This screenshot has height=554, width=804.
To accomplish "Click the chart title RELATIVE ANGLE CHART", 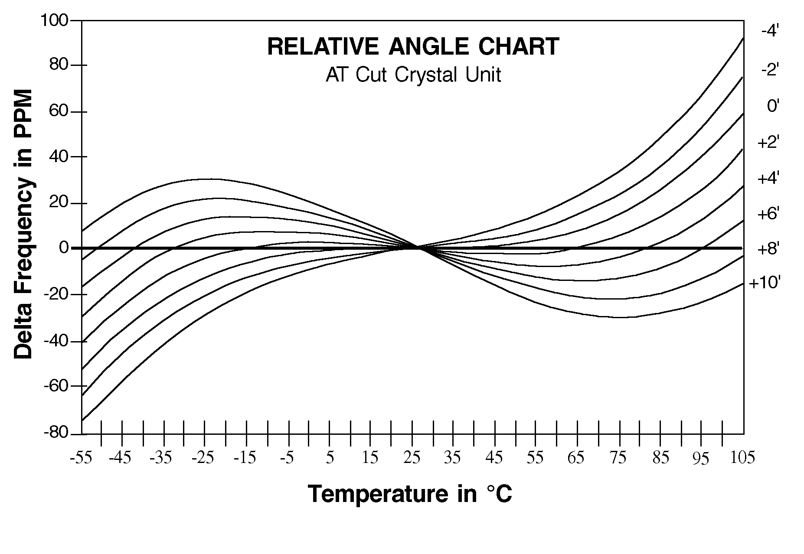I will click(x=413, y=47).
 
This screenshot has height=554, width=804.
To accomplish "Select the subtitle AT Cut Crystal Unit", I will click(x=413, y=75).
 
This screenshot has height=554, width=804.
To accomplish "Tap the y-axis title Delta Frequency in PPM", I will click(x=23, y=224).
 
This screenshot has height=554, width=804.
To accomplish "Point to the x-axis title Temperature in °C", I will click(x=410, y=494).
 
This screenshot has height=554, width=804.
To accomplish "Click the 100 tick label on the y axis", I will click(x=54, y=20).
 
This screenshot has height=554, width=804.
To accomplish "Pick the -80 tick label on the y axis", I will click(x=56, y=433).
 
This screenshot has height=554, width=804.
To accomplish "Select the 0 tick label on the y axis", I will click(x=64, y=248).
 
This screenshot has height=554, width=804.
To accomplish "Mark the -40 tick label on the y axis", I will click(x=56, y=341).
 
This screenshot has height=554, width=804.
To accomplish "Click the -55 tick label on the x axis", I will click(x=81, y=458).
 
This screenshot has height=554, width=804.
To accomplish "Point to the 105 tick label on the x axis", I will click(x=742, y=458).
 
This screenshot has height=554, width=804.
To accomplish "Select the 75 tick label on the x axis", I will click(x=618, y=458).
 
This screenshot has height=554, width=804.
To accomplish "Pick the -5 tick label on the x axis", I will click(x=287, y=458).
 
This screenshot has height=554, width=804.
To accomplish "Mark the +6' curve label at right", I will click(x=768, y=213).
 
